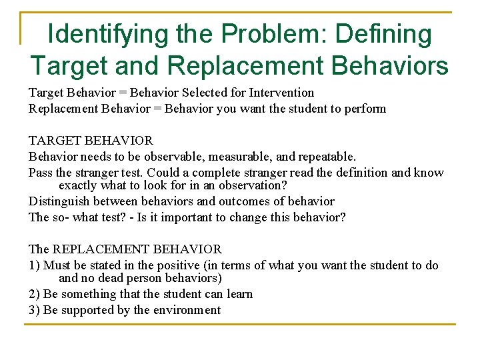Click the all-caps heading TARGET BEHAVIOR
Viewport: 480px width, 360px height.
(91, 141)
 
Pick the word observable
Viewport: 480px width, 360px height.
(178, 157)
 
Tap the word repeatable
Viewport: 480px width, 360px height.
(325, 157)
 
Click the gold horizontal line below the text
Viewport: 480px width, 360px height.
(239, 325)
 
